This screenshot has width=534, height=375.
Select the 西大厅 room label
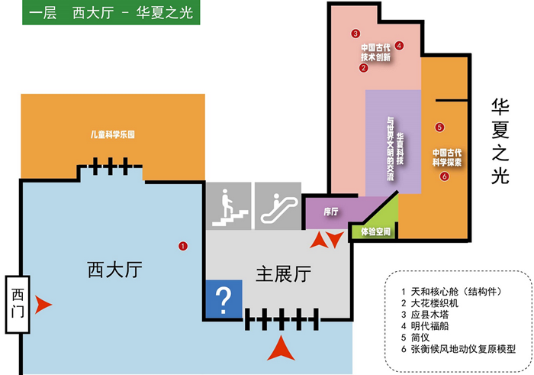[x=115, y=270]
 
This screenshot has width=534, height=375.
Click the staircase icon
[x=228, y=206]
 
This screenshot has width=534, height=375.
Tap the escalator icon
[x=276, y=206]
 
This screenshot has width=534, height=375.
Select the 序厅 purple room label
[x=330, y=212]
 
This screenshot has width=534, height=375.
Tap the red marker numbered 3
[x=355, y=34]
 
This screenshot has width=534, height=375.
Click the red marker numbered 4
[x=399, y=45]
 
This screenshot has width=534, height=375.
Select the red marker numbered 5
[x=439, y=127]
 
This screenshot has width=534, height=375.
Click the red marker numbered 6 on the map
[x=444, y=177]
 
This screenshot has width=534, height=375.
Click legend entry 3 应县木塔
[x=432, y=314]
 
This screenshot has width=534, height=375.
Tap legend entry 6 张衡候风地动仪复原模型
[x=458, y=348]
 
